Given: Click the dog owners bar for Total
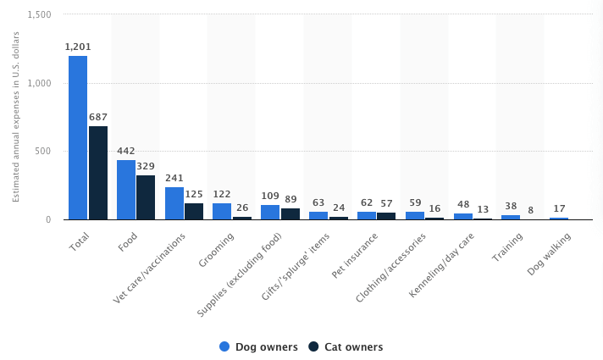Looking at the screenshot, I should click(78, 137).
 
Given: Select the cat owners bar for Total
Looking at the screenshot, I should click(98, 173).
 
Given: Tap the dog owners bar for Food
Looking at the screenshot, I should click(126, 190).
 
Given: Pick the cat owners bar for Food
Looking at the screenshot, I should click(146, 197).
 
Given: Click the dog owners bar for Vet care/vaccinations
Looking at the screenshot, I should click(174, 203).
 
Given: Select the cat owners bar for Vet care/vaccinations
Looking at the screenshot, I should click(194, 211).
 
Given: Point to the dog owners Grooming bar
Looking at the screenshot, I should click(222, 211).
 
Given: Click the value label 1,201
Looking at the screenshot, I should click(78, 47).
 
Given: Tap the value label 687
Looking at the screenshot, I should click(98, 117).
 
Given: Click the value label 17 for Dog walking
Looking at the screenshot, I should click(559, 208).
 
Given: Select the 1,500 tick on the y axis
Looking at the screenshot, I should click(39, 15).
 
